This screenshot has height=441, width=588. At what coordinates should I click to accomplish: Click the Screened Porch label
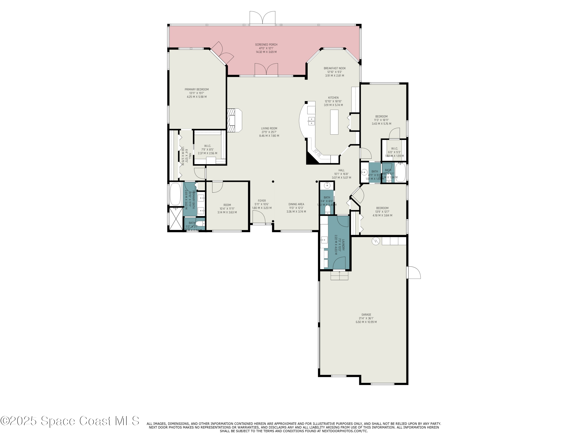(x=266, y=48)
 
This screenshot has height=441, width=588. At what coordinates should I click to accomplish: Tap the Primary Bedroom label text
(x=196, y=93)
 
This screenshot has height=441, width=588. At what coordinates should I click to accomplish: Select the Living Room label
(x=269, y=132)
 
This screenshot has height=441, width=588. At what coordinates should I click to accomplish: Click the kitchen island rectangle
(x=334, y=122)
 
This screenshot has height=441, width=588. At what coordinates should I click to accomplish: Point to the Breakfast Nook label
(x=334, y=72)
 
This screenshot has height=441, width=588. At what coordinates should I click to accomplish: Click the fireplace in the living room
(x=234, y=120)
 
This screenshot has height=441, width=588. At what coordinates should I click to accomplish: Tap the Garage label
(x=366, y=318)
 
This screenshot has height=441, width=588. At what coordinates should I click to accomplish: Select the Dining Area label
(x=296, y=208)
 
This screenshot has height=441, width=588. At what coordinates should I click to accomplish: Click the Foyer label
(x=262, y=204)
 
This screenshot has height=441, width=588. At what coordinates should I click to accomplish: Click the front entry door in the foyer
(x=259, y=217)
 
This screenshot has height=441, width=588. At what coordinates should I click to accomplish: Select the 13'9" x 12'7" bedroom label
(x=382, y=212)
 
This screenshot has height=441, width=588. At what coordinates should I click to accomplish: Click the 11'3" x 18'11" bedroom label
(x=381, y=120)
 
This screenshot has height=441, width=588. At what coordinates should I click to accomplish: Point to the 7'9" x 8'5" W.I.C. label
(x=207, y=149)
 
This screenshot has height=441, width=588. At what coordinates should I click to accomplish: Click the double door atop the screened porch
(x=262, y=18)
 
